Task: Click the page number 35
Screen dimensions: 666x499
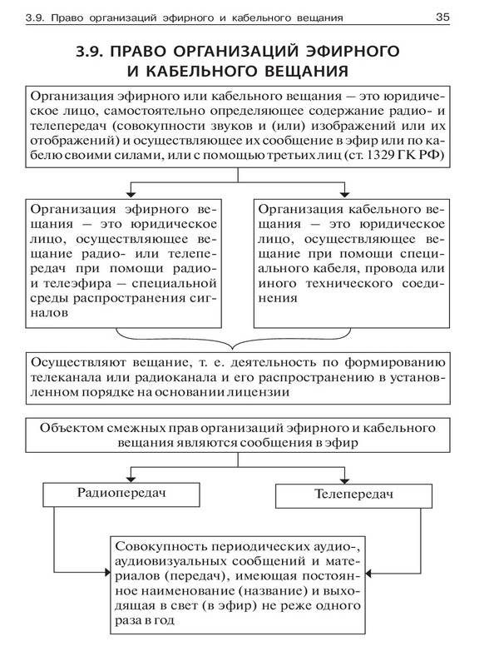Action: pos(442,17)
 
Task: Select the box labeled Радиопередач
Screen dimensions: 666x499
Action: pos(121,493)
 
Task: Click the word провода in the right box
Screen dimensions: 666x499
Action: pos(399,266)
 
